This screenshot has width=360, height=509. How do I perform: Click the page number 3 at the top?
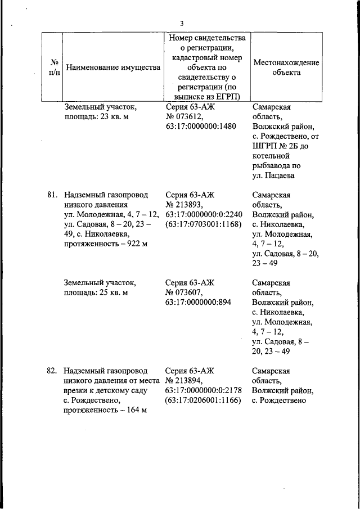click(182, 23)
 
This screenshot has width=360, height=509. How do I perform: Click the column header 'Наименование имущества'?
click(113, 67)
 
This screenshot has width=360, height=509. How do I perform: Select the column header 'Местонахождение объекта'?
click(286, 67)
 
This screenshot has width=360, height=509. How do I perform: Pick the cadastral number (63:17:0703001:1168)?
click(204, 224)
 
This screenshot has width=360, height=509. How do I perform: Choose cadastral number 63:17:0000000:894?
click(200, 303)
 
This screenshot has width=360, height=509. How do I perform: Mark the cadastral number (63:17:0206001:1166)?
click(204, 400)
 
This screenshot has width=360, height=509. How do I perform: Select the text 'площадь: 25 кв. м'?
click(96, 292)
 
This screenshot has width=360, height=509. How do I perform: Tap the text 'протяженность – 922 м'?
click(106, 244)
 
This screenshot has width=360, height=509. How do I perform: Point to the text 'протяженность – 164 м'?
click(106, 410)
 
